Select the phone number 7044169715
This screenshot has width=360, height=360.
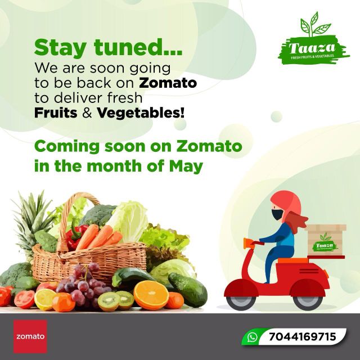[x=302, y=337]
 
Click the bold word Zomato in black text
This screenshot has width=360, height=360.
[x=168, y=83]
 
